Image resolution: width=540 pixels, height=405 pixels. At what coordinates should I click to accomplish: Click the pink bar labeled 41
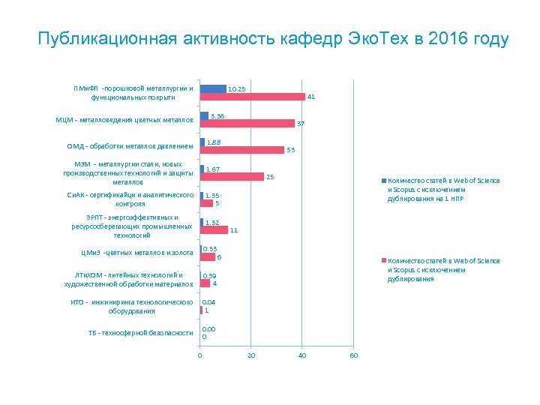pyautogui.click(x=252, y=97)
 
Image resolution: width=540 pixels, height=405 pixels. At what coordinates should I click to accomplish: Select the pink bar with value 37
pyautogui.click(x=247, y=124)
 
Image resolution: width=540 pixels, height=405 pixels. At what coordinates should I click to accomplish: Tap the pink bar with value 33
pyautogui.click(x=241, y=150)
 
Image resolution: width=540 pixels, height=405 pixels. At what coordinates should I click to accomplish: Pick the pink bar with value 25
pyautogui.click(x=232, y=177)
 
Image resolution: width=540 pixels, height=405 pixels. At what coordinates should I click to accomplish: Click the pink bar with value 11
pyautogui.click(x=214, y=230)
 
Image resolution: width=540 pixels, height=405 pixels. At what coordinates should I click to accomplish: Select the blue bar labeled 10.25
pyautogui.click(x=213, y=89)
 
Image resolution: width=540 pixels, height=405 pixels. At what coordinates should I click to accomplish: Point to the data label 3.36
pyautogui.click(x=217, y=115)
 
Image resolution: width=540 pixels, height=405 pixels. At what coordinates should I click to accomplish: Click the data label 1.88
pyautogui.click(x=213, y=142)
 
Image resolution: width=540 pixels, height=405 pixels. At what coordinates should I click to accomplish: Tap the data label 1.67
pyautogui.click(x=212, y=169)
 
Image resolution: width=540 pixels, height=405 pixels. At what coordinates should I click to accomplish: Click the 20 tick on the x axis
pyautogui.click(x=250, y=355)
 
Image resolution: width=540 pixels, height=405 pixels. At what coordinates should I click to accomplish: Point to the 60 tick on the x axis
pyautogui.click(x=354, y=355)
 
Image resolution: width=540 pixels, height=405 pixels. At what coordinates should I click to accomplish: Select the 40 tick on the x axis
pyautogui.click(x=302, y=355)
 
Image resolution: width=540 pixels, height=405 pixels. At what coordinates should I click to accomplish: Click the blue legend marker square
pyautogui.click(x=384, y=181)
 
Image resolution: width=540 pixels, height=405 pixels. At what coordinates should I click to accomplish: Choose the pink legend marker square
pyautogui.click(x=384, y=261)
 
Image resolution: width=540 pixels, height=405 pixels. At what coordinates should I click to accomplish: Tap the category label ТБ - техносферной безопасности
pyautogui.click(x=140, y=332)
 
